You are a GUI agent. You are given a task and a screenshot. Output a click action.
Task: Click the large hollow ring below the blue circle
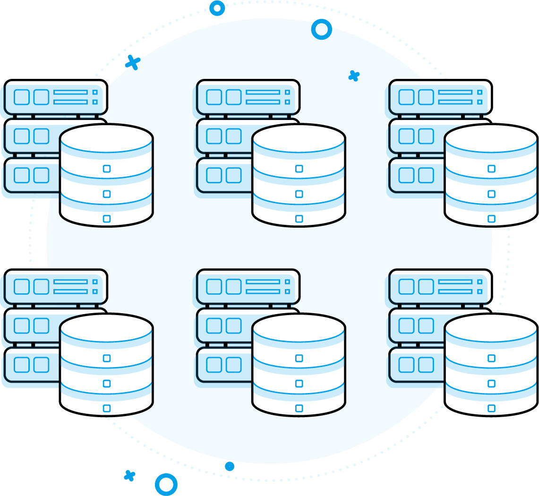[x=166, y=485]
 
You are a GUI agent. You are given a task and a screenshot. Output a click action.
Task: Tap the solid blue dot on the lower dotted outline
[x=230, y=467]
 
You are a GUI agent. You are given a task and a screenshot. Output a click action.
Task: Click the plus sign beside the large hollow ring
[x=129, y=476]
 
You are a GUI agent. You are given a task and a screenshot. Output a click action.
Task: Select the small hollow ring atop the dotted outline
[x=217, y=8]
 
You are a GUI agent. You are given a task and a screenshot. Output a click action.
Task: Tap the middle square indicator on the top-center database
[x=299, y=194]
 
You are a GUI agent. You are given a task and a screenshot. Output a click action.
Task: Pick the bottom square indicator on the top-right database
[x=491, y=219]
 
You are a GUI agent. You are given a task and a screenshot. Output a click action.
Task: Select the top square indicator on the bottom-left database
[x=107, y=358]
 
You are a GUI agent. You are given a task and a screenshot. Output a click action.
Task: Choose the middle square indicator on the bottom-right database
[x=491, y=383]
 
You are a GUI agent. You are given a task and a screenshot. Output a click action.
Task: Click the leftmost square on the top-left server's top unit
[x=22, y=97]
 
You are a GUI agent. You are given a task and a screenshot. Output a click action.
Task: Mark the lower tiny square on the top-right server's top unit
[x=479, y=102]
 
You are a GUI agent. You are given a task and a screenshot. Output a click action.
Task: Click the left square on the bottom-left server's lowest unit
[x=22, y=365]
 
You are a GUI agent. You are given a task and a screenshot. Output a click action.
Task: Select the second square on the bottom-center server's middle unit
[x=233, y=325]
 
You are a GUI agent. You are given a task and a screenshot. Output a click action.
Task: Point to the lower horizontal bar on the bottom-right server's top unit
[x=455, y=291]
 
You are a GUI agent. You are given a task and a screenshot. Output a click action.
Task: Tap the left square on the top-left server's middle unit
[x=22, y=136]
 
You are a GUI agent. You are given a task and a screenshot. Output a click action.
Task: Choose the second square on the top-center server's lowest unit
[x=233, y=175]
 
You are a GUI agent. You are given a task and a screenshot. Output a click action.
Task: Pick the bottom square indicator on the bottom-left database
[x=107, y=408]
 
